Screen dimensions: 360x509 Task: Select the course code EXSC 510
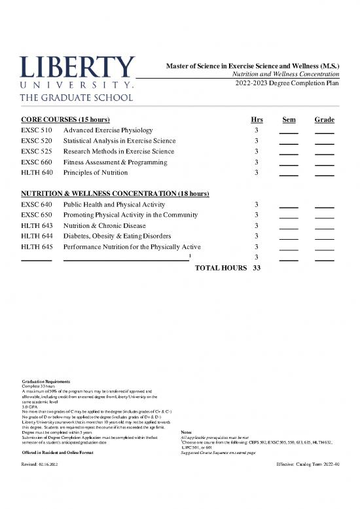pos(37,131)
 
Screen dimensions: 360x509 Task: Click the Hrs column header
pos(257,120)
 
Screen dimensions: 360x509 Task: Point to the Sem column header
pos(289,120)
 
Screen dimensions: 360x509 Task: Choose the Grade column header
pos(325,120)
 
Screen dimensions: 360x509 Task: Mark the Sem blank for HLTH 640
pos(289,174)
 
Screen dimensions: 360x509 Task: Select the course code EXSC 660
pos(37,162)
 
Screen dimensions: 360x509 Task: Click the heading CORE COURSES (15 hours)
pos(65,120)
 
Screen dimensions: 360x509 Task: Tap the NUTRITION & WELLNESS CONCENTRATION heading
pos(115,194)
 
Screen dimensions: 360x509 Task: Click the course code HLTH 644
pos(37,236)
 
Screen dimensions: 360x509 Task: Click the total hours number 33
pos(257,268)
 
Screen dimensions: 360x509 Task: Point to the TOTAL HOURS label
pos(221,268)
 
